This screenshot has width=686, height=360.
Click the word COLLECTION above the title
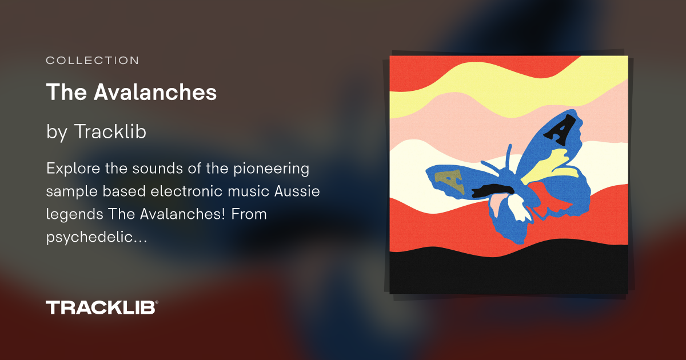(92, 60)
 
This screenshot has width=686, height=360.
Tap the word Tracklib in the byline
(110, 131)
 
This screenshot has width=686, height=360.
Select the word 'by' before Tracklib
(57, 132)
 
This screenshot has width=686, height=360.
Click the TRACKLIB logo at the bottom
(101, 307)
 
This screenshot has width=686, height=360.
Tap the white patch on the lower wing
(517, 209)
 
